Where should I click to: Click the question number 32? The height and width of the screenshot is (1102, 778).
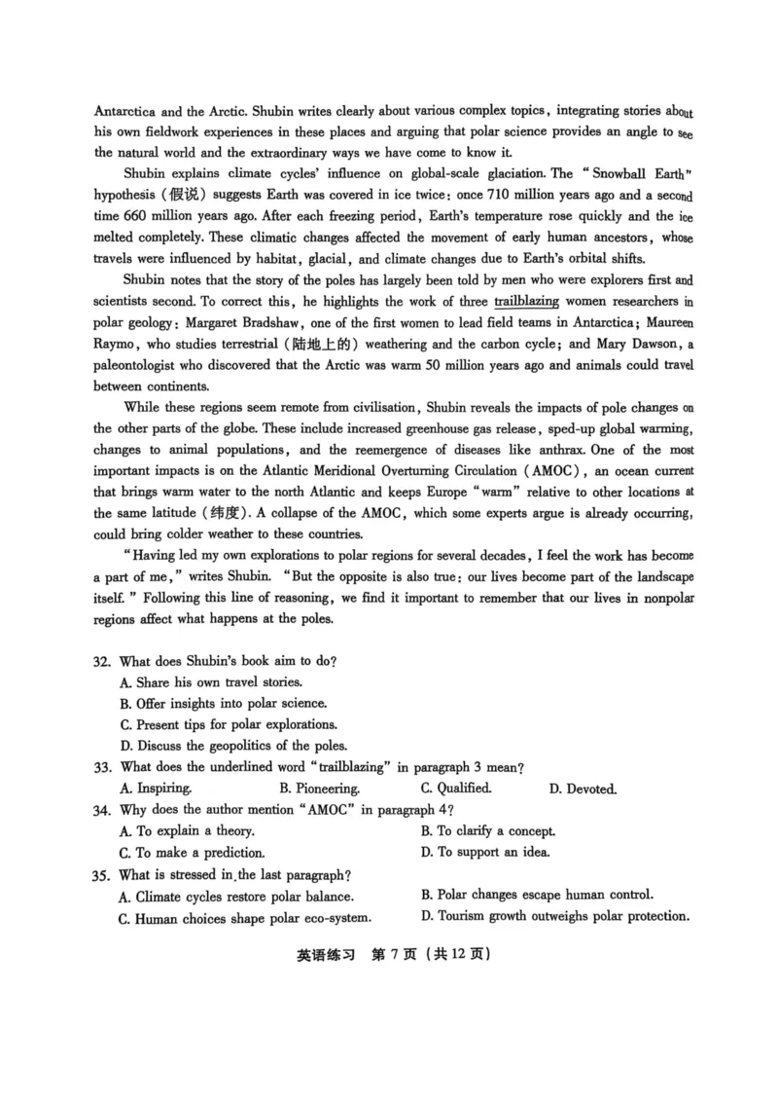click(x=101, y=662)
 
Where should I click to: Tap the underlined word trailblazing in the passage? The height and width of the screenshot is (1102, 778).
click(x=526, y=302)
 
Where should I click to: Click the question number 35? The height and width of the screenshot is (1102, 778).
click(x=101, y=875)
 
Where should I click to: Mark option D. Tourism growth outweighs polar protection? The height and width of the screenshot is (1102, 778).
click(x=555, y=916)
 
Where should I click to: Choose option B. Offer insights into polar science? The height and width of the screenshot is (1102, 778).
click(x=223, y=704)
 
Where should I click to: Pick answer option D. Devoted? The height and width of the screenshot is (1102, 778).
click(x=583, y=789)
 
